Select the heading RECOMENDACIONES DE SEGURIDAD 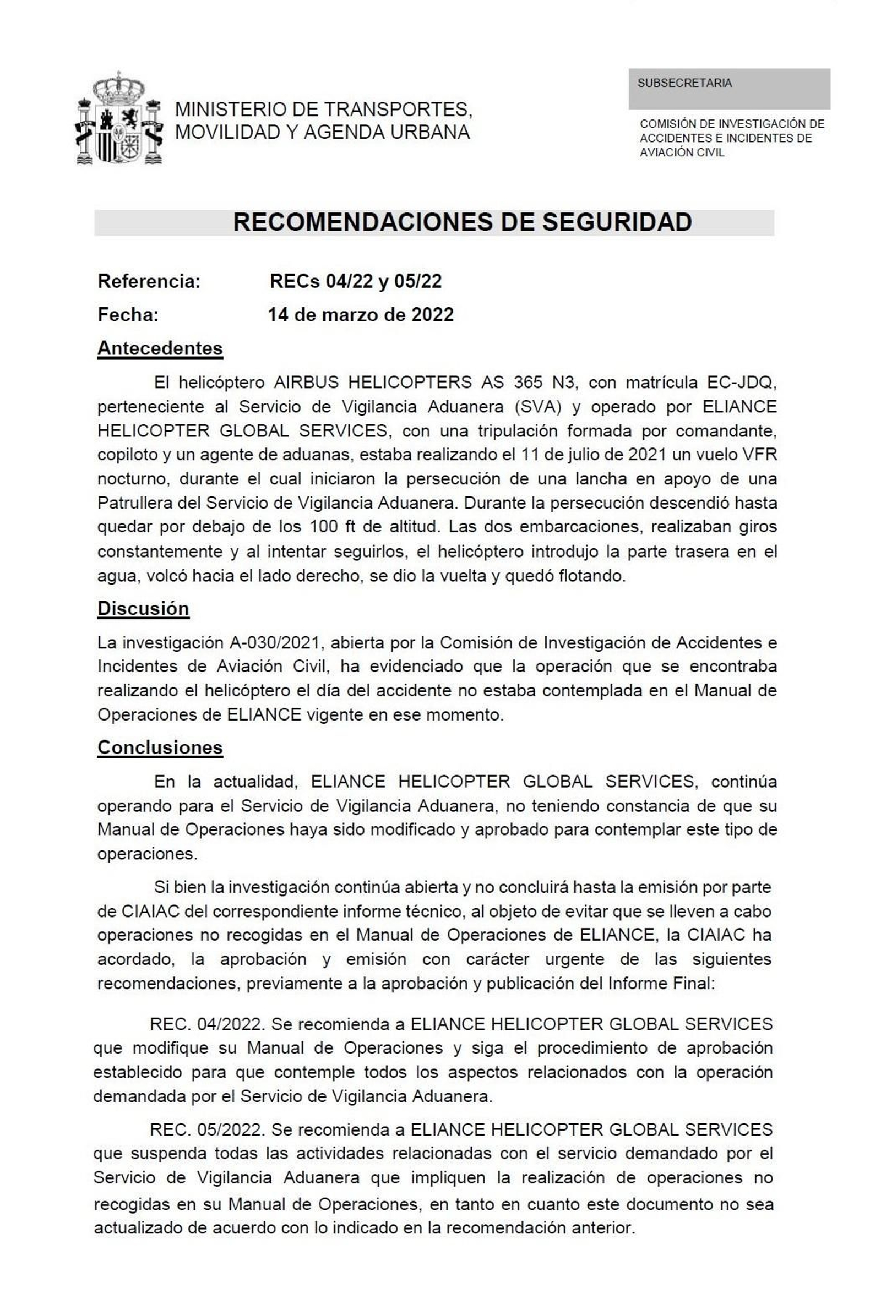tap(462, 222)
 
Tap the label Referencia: tap(149, 281)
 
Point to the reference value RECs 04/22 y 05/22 tap(356, 281)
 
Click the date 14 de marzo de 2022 tap(361, 315)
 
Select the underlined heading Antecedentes tap(160, 348)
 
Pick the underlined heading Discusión tap(143, 608)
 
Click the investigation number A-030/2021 tap(274, 642)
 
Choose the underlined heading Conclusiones tap(160, 747)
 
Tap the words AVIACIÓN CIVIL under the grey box tap(682, 152)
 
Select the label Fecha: tap(128, 315)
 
